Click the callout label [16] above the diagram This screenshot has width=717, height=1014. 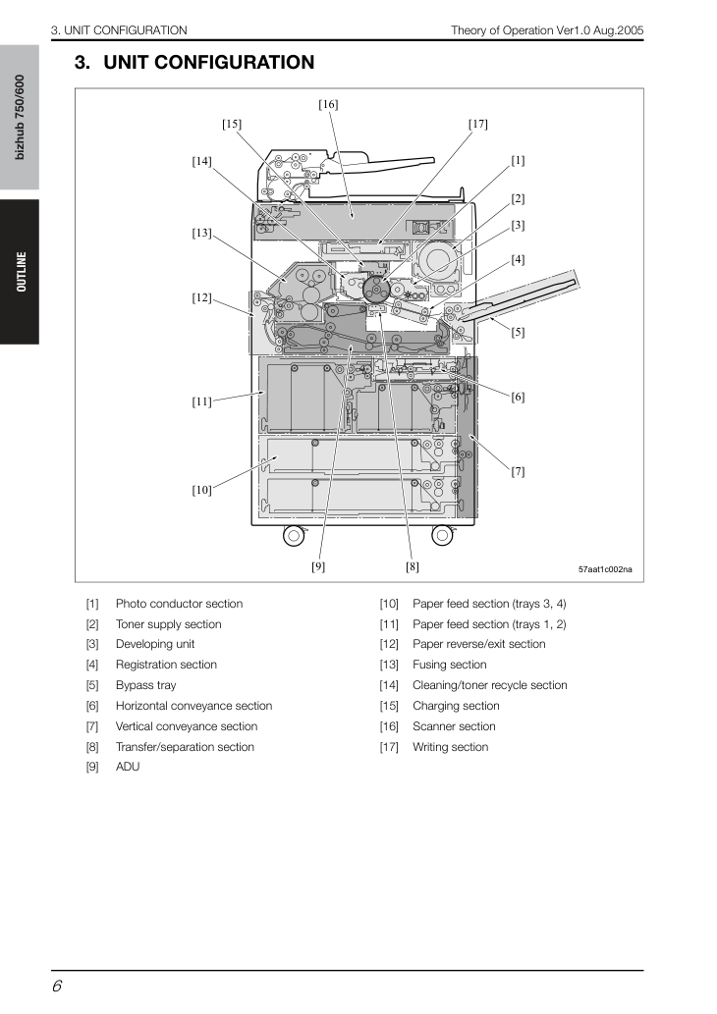coord(328,104)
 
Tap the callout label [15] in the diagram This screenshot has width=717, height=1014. coord(232,124)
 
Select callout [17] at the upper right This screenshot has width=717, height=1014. coord(478,124)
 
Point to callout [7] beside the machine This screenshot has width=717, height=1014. coord(518,471)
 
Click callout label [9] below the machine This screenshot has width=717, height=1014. coord(318,566)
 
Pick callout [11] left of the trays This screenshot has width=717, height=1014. coord(202,401)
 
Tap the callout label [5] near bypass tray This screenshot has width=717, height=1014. coord(518,333)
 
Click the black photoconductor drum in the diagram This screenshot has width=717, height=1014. coord(376,290)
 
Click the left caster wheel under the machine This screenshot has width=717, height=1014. coord(293,535)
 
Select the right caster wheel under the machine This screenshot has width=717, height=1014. coord(442,535)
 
